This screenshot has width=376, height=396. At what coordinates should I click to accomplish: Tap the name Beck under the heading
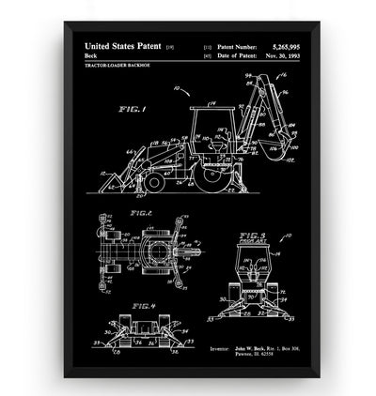click(92, 55)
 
